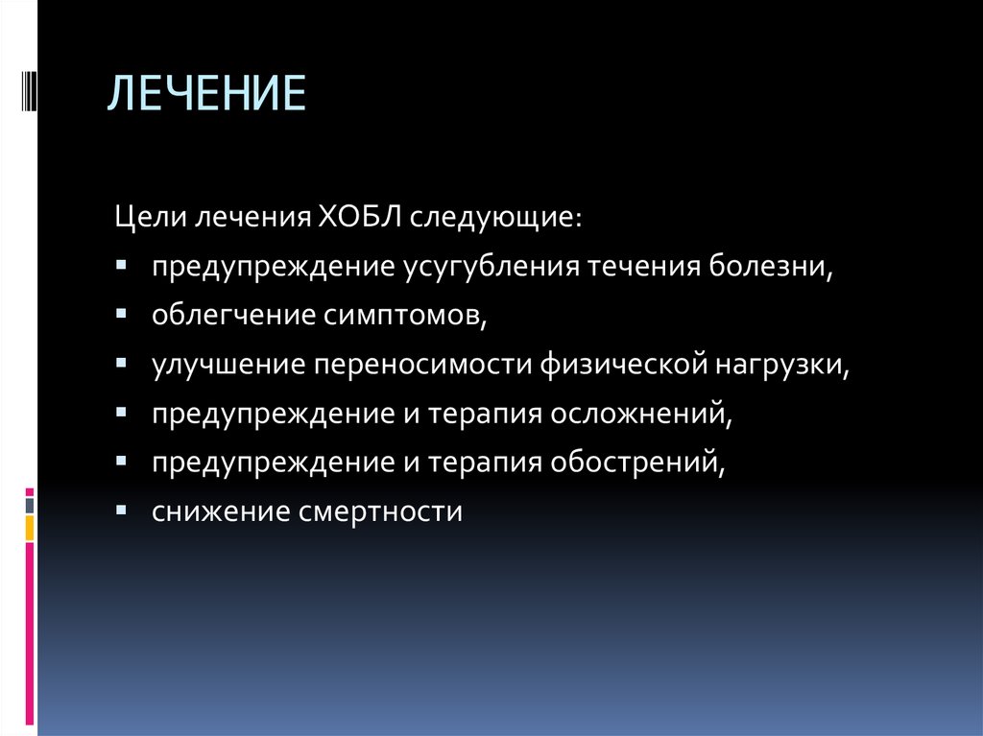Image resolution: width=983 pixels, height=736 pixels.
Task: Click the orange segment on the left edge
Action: click(30, 527)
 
